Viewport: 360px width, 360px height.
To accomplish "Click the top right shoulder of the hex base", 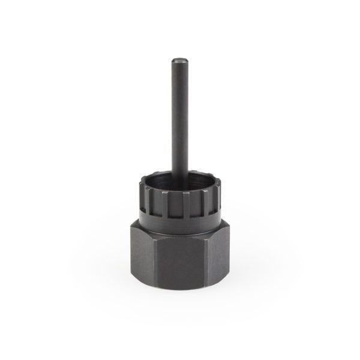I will (220, 225).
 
